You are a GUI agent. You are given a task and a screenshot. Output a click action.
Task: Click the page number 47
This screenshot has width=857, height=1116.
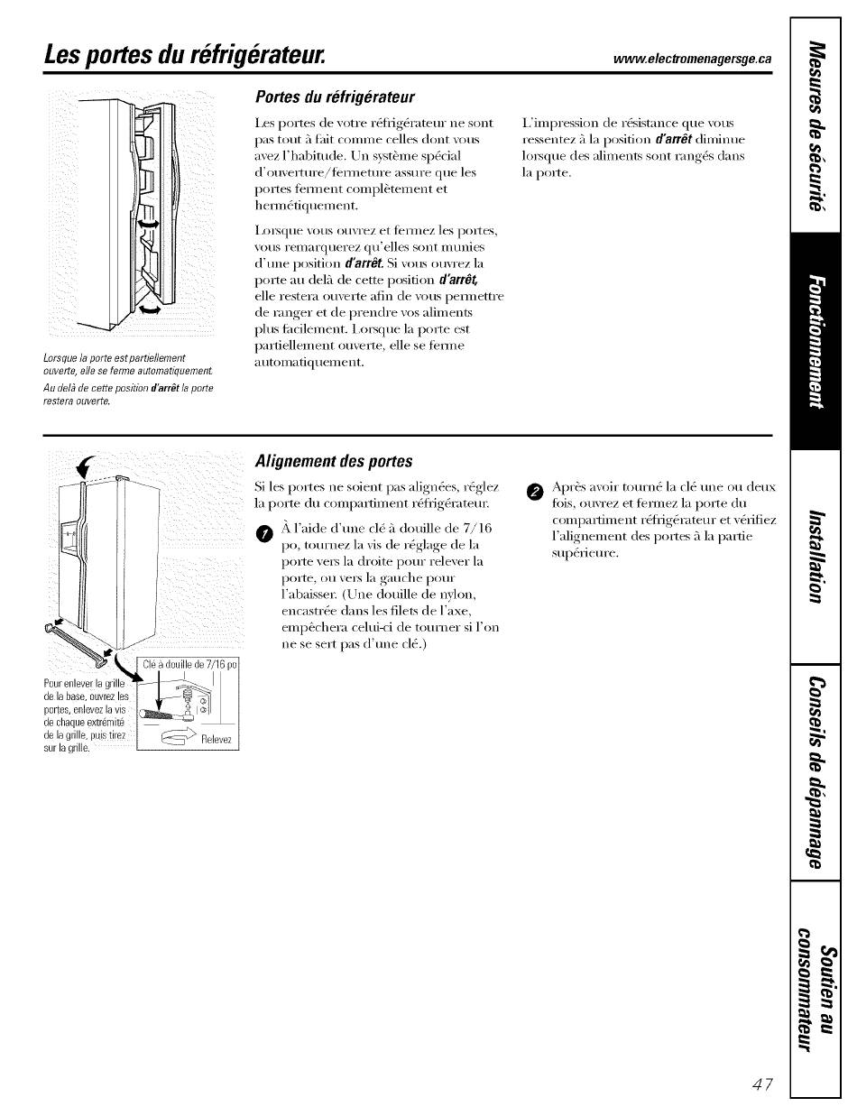(x=762, y=1084)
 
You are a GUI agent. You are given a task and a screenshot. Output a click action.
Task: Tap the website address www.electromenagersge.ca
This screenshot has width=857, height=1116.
(x=693, y=59)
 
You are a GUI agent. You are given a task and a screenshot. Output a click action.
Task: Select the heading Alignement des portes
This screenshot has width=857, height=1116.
(x=334, y=461)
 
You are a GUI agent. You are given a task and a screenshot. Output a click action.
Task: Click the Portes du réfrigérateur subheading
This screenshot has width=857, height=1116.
(x=335, y=97)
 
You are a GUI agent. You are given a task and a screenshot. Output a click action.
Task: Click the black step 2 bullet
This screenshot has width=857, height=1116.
(x=535, y=492)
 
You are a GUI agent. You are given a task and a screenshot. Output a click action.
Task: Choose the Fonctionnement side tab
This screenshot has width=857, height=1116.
(x=816, y=341)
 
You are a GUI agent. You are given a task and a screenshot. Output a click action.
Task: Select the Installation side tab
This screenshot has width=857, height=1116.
(x=816, y=557)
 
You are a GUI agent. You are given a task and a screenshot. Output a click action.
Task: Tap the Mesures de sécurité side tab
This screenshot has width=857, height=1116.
(x=816, y=125)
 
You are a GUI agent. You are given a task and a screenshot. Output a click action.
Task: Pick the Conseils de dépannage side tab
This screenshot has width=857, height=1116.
(x=816, y=773)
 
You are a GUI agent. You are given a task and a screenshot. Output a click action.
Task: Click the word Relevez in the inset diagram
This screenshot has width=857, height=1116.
(x=217, y=740)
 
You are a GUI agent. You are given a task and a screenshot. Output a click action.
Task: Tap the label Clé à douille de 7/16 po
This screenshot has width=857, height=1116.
(x=189, y=664)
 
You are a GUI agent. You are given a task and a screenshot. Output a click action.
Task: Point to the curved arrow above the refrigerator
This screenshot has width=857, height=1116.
(x=84, y=466)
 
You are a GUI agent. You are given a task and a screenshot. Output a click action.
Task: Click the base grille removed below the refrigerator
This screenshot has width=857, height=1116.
(x=77, y=644)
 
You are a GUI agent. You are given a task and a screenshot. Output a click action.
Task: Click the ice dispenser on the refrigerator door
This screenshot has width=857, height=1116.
(x=69, y=537)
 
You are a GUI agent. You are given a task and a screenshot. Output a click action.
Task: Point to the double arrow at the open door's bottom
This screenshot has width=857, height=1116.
(x=150, y=309)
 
